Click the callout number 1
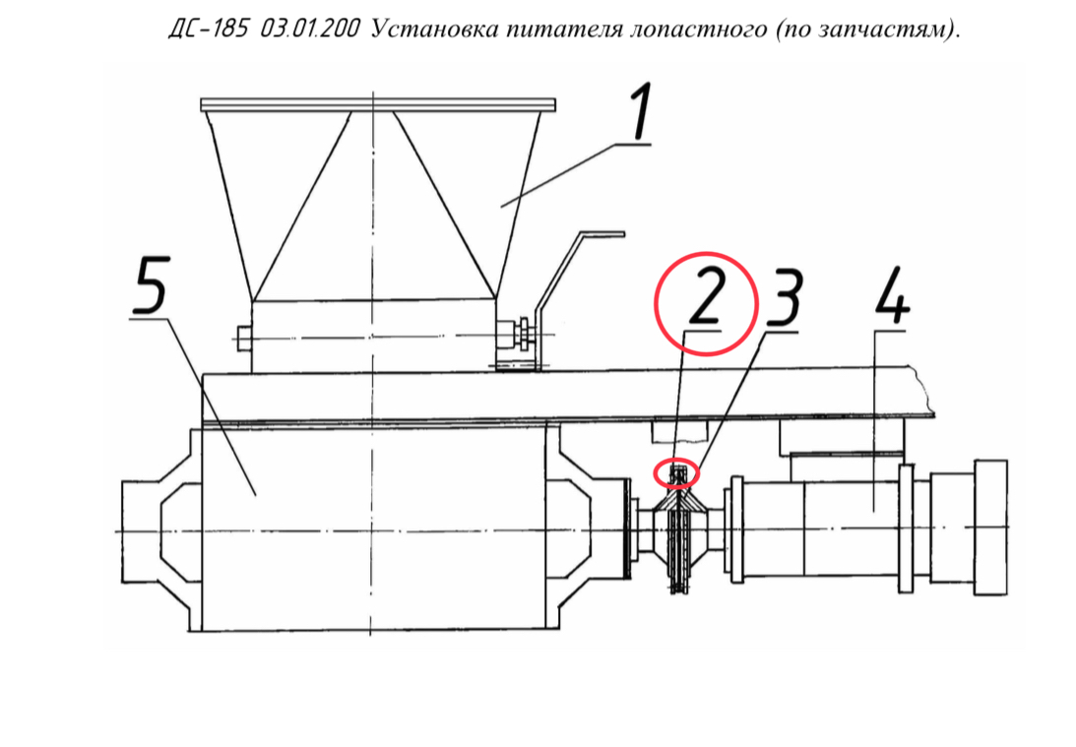click(640, 112)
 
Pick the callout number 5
click(151, 284)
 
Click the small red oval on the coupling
click(676, 472)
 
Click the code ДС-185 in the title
click(208, 29)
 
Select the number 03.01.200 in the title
click(310, 29)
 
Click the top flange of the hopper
click(377, 105)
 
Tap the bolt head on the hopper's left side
click(243, 339)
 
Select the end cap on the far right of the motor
click(990, 528)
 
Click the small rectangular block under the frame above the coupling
click(678, 431)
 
